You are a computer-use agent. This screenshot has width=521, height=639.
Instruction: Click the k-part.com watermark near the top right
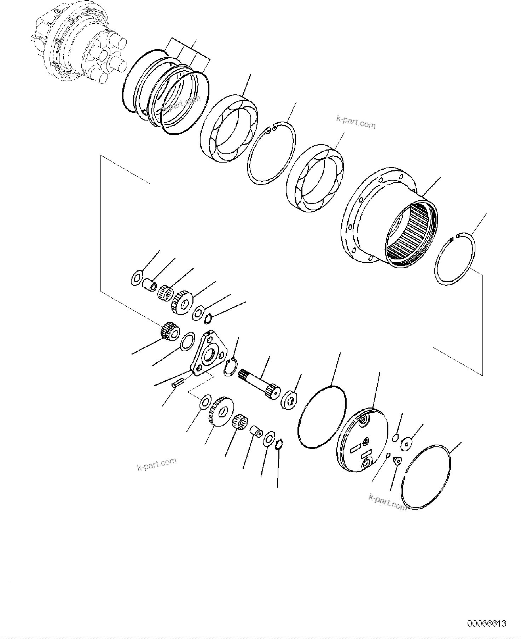coord(355,122)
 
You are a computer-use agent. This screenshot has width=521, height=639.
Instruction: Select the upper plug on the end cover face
coord(363,421)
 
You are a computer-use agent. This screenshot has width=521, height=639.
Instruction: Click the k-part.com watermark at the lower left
coord(156,464)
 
